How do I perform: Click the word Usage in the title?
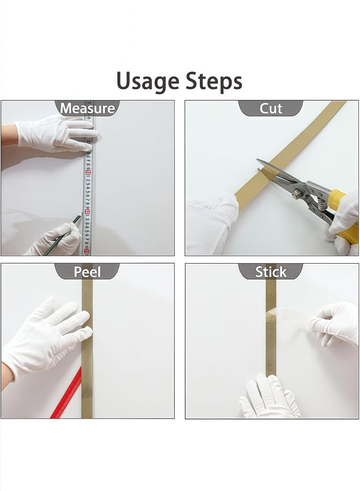pos(148,81)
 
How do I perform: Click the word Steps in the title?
pos(214,81)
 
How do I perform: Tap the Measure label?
pos(87,108)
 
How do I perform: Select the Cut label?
pos(271,108)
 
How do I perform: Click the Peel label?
pos(87,272)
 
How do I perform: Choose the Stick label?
pos(271,272)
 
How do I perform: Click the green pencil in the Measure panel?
pos(63,234)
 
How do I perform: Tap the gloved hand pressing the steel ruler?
pos(58,134)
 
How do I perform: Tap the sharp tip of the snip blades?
pos(258,160)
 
